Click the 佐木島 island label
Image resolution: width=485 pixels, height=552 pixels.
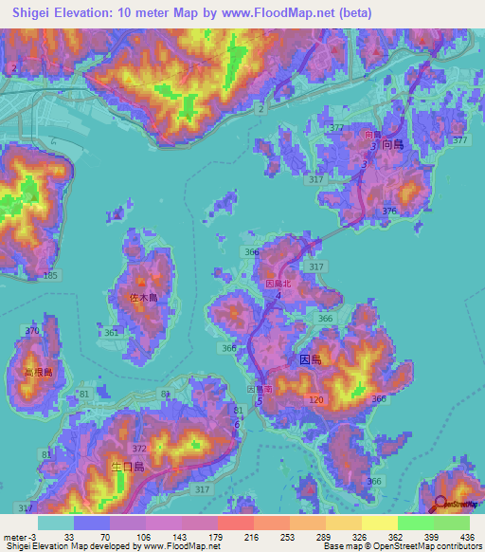point(142,298)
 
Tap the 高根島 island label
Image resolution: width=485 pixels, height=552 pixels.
point(26,373)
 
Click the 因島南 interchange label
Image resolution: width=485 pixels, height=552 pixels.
point(260,389)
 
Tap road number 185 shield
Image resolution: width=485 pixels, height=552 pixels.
point(50,275)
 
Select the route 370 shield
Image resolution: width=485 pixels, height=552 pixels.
point(33,330)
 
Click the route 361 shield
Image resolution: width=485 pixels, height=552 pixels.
point(113,333)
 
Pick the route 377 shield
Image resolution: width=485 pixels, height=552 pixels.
point(460,140)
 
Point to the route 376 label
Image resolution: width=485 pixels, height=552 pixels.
point(388,211)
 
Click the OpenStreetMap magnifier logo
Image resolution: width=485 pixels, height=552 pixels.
point(440,505)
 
